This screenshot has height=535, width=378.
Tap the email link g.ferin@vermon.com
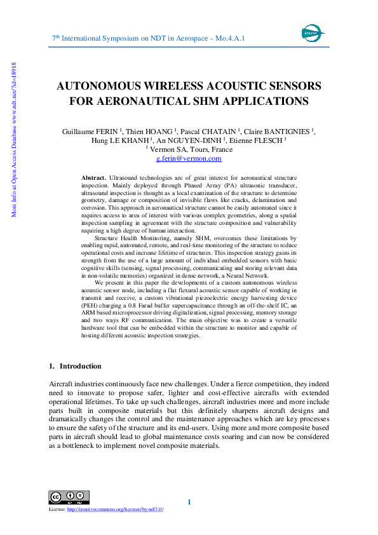(189, 158)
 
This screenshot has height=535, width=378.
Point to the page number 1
(189, 503)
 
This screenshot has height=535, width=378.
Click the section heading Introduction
(80, 366)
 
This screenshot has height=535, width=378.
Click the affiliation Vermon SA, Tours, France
(190, 149)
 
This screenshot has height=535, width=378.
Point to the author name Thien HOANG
(146, 132)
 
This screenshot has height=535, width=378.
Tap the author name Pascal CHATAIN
(208, 132)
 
